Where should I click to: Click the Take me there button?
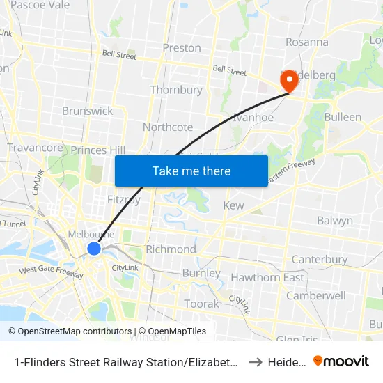(191, 171)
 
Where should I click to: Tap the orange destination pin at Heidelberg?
(288, 81)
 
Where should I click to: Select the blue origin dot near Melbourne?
(94, 249)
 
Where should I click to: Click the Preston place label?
(182, 48)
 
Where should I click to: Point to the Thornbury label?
(176, 90)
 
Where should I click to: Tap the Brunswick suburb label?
(87, 111)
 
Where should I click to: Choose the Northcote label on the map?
(168, 127)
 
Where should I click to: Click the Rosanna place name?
(306, 42)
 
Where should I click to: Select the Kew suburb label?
(233, 206)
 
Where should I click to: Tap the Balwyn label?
(334, 221)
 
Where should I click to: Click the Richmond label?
(171, 249)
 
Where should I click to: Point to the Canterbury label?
(320, 260)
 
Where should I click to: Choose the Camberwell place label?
(316, 295)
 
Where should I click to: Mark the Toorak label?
(201, 304)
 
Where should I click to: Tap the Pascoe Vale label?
(40, 5)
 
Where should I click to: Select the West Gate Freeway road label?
(51, 271)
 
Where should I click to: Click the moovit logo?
(341, 361)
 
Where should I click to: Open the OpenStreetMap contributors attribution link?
(70, 331)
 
